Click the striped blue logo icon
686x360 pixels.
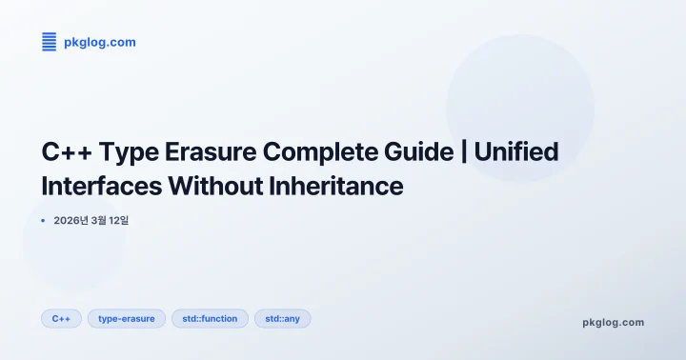coord(50,41)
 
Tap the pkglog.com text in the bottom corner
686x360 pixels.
coord(613,322)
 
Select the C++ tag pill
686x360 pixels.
coord(61,318)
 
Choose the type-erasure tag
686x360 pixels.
coord(127,318)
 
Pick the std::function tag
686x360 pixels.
coord(210,318)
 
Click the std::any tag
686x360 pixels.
coord(282,318)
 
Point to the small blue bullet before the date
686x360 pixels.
coord(44,220)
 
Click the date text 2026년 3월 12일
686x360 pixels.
coord(91,221)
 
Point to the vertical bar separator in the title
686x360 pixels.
coord(463,152)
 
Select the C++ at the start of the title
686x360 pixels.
coord(66,152)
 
